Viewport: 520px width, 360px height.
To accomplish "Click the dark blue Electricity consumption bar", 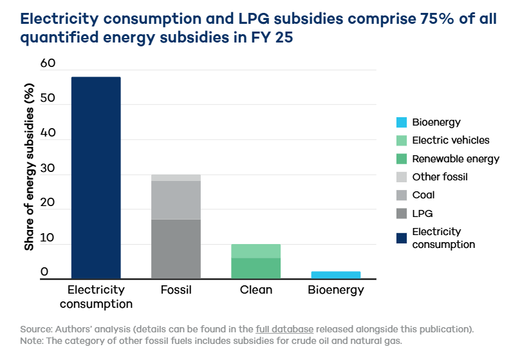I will (x=96, y=178).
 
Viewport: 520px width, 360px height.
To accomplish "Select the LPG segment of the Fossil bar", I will (x=176, y=249).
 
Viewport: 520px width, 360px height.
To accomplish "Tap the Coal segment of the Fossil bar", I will (x=176, y=200).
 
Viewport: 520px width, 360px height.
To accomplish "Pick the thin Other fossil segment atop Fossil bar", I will (x=176, y=178).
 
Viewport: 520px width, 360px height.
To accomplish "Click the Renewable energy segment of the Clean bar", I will (x=255, y=269).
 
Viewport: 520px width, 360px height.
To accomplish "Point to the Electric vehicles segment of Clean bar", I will (x=255, y=251).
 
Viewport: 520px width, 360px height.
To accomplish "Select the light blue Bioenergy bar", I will (x=336, y=275).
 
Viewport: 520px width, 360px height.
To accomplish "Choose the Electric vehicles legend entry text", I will (x=450, y=140).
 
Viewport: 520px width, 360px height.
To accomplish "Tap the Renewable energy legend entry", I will (x=455, y=159).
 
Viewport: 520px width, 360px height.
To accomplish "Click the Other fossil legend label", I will (x=440, y=177).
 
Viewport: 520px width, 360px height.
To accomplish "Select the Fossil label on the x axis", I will (x=176, y=290).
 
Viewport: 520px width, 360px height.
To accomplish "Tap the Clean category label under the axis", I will (x=255, y=290).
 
